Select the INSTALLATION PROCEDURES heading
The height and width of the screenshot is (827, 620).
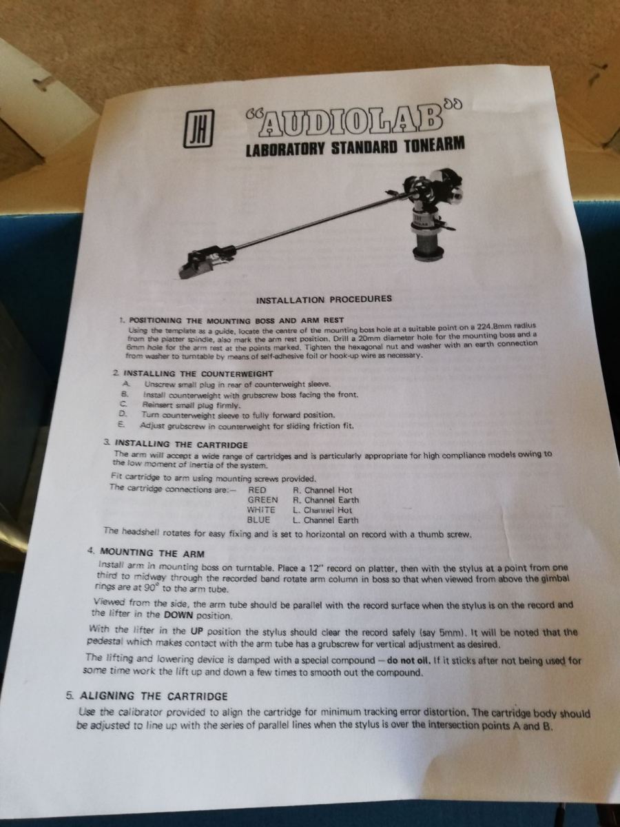324,300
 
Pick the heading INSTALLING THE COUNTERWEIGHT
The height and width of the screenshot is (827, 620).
198,374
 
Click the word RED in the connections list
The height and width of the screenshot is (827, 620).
257,490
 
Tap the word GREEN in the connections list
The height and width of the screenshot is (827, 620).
262,500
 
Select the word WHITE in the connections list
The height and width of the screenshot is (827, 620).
261,510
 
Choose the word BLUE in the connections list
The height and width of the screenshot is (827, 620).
258,520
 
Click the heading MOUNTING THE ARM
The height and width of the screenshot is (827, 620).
152,554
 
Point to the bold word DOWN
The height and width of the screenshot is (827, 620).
178,615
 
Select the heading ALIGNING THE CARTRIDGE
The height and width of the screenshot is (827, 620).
154,696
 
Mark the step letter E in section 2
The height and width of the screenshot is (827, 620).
121,425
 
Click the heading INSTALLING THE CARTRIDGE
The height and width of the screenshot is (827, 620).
181,445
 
